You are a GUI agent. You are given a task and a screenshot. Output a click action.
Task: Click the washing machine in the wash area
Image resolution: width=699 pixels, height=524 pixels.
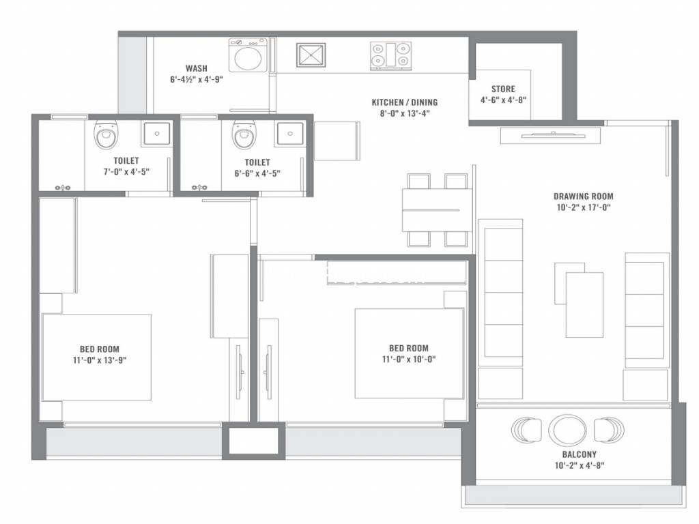248,55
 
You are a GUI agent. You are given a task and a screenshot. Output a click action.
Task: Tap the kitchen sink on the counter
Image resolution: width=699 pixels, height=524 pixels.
311,55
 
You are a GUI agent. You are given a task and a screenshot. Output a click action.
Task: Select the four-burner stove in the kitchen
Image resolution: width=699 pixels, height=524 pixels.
390,56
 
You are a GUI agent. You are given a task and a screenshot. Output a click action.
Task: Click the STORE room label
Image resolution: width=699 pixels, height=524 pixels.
503,89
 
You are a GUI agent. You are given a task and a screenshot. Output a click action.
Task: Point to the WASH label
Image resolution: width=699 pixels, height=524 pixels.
197,69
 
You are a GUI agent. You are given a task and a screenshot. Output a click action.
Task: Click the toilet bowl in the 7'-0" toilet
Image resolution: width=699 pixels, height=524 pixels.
106,133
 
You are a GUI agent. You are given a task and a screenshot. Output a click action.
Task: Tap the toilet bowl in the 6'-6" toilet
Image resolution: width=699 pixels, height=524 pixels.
244,134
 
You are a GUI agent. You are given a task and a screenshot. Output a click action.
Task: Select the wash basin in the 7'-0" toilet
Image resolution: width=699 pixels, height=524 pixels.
156,133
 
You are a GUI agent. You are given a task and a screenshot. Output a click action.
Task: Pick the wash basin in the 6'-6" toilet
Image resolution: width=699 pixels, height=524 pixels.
290,133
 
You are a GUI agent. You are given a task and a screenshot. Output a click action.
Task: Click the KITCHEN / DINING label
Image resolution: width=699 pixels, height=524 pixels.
405,102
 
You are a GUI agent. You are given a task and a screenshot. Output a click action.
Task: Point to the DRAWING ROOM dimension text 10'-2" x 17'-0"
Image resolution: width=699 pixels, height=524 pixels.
584,207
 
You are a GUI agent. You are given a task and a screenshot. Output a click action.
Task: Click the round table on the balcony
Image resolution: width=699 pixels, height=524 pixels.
567,430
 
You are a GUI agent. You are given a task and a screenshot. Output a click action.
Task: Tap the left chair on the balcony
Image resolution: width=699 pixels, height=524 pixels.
526,430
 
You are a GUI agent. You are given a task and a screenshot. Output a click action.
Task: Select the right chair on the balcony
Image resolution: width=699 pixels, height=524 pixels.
609,430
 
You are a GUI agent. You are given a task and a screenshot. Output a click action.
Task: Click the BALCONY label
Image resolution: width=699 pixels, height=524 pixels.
579,454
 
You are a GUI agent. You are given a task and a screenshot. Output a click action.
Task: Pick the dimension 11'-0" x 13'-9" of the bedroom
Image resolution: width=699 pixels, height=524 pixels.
100,360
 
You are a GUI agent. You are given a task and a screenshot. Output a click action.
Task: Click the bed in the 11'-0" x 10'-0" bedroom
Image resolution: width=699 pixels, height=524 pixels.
410,353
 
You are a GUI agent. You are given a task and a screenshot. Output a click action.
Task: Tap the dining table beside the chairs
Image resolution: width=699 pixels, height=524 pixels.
437,210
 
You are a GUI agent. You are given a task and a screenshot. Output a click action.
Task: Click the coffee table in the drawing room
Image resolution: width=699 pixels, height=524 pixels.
584,305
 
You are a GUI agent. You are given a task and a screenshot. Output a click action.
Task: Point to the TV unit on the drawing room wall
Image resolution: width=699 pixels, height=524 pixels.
551,136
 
